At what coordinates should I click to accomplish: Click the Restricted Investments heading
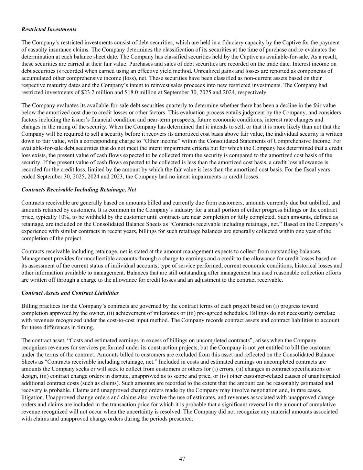coord(49,29)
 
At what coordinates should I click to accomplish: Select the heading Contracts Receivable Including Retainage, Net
coord(79,190)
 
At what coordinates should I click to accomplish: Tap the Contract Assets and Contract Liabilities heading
coord(70,293)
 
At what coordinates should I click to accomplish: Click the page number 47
coord(182,459)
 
